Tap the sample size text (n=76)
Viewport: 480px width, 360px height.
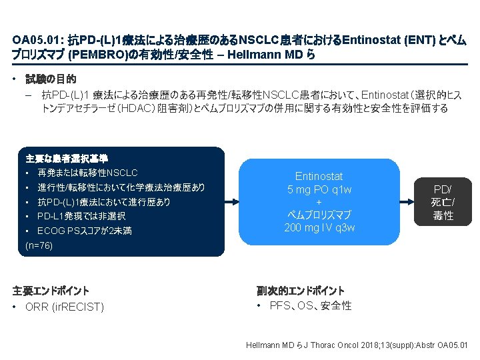tap(39, 246)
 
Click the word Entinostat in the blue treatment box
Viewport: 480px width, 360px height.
tap(319, 177)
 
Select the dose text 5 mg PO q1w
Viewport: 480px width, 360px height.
tap(319, 189)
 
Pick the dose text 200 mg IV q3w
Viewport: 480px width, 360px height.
tap(319, 228)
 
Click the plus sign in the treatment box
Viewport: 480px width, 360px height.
tap(319, 202)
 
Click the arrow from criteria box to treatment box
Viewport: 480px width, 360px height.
tap(232, 201)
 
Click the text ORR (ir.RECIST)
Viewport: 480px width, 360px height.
tap(64, 307)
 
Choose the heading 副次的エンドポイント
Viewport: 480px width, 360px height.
tap(301, 291)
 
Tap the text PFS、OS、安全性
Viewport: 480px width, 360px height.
tap(311, 306)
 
